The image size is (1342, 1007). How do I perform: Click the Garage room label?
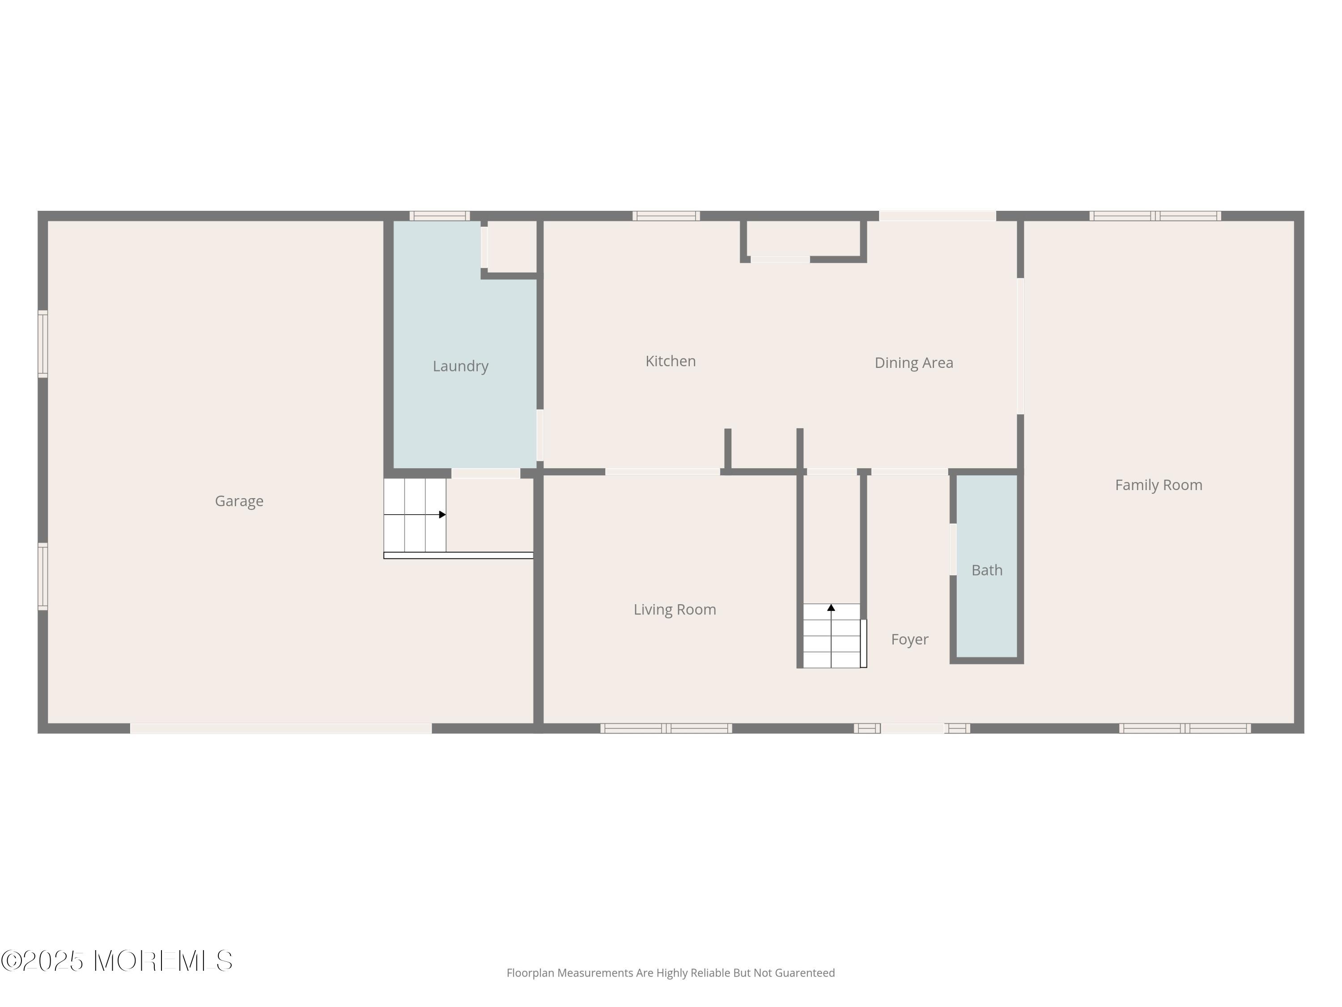tap(239, 501)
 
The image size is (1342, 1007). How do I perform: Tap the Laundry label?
tap(460, 366)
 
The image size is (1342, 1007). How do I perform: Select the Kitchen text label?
tap(671, 361)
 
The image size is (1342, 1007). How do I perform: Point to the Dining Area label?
tap(913, 363)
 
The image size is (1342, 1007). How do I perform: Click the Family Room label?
tap(1158, 485)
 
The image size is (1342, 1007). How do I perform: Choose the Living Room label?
tap(675, 610)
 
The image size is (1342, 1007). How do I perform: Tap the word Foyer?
tap(909, 639)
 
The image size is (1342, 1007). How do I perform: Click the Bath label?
tap(986, 570)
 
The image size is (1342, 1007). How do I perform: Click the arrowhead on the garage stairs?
tap(442, 515)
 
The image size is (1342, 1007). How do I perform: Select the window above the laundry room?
tap(439, 215)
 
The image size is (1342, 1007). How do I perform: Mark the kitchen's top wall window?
tap(666, 215)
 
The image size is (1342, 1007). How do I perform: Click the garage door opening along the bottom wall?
tap(281, 728)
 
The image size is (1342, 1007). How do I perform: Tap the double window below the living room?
tap(666, 728)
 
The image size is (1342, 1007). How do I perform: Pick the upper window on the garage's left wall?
tap(43, 344)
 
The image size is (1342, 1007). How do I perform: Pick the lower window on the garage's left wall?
tap(43, 576)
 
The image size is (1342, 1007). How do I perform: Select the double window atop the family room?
tap(1155, 215)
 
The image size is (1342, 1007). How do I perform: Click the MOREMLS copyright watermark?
tap(116, 961)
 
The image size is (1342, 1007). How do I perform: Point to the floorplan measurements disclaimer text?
tap(671, 973)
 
